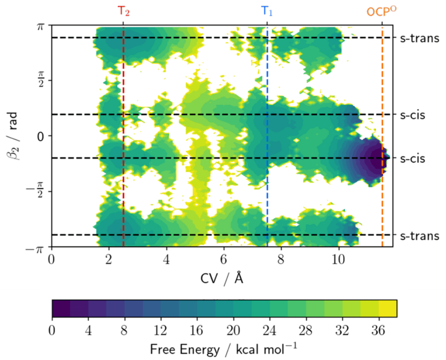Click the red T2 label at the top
124,11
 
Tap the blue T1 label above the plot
267,11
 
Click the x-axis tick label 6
223,260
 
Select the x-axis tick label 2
109,260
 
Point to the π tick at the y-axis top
40,26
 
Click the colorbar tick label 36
379,331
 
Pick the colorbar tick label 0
52,331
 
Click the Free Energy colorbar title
223,350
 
